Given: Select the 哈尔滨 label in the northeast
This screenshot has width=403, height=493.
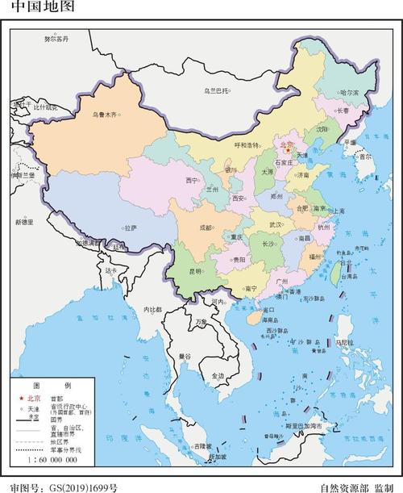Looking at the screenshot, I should click(348, 93).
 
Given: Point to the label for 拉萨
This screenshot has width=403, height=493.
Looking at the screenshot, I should click(129, 228).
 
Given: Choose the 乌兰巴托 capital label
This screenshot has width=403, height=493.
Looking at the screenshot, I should click(216, 90).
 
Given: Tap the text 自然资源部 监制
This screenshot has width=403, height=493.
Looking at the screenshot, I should click(355, 487).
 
